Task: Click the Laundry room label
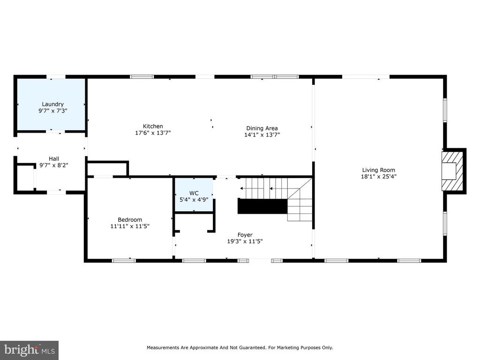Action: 52,104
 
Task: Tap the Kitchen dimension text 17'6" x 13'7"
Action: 153,133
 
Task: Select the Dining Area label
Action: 262,128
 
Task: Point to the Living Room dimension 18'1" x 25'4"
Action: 379,176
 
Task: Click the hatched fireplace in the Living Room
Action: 453,171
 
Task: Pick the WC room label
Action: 194,193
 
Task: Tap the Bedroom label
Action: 130,219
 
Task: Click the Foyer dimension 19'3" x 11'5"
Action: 245,241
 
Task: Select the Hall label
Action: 54,158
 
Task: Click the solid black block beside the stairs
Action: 262,206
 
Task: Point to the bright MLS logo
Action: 30,350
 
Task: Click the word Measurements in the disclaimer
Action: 163,347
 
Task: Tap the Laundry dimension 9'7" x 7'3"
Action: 52,111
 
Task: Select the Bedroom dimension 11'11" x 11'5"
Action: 130,226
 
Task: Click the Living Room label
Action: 379,170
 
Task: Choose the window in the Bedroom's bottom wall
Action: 124,261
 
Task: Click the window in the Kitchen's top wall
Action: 142,76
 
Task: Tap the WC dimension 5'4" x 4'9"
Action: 194,200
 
